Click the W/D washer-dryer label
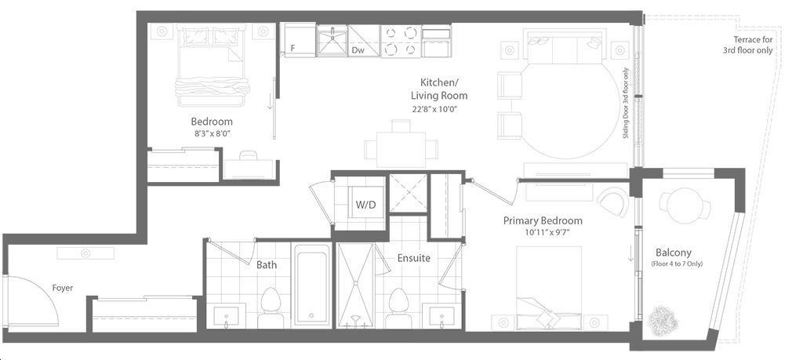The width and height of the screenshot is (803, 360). (x=365, y=205)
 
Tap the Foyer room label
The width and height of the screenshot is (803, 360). (x=63, y=288)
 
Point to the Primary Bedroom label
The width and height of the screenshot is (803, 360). (x=543, y=220)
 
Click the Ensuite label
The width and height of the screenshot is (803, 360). (x=414, y=258)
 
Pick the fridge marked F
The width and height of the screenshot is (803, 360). (x=300, y=40)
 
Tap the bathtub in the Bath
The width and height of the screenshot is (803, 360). (x=312, y=284)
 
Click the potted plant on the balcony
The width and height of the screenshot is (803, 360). (x=663, y=318)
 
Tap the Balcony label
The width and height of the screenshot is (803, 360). (x=674, y=253)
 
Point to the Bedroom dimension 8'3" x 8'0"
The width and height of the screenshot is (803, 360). (x=212, y=133)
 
